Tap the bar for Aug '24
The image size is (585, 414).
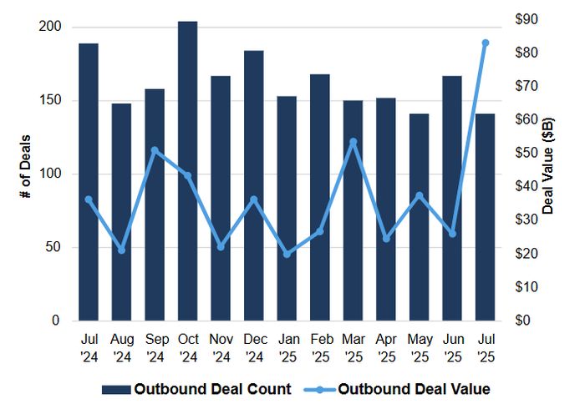click(121, 212)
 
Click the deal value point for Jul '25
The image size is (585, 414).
click(485, 43)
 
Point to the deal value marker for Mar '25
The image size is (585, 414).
click(353, 142)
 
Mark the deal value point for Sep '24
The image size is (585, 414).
click(155, 150)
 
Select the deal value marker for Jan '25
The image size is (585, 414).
click(287, 254)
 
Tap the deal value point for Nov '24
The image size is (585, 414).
click(221, 247)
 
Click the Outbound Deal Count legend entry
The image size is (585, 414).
click(196, 388)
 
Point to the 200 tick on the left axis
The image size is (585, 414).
click(52, 27)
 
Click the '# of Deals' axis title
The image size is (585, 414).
click(25, 174)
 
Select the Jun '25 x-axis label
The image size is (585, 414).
click(451, 348)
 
